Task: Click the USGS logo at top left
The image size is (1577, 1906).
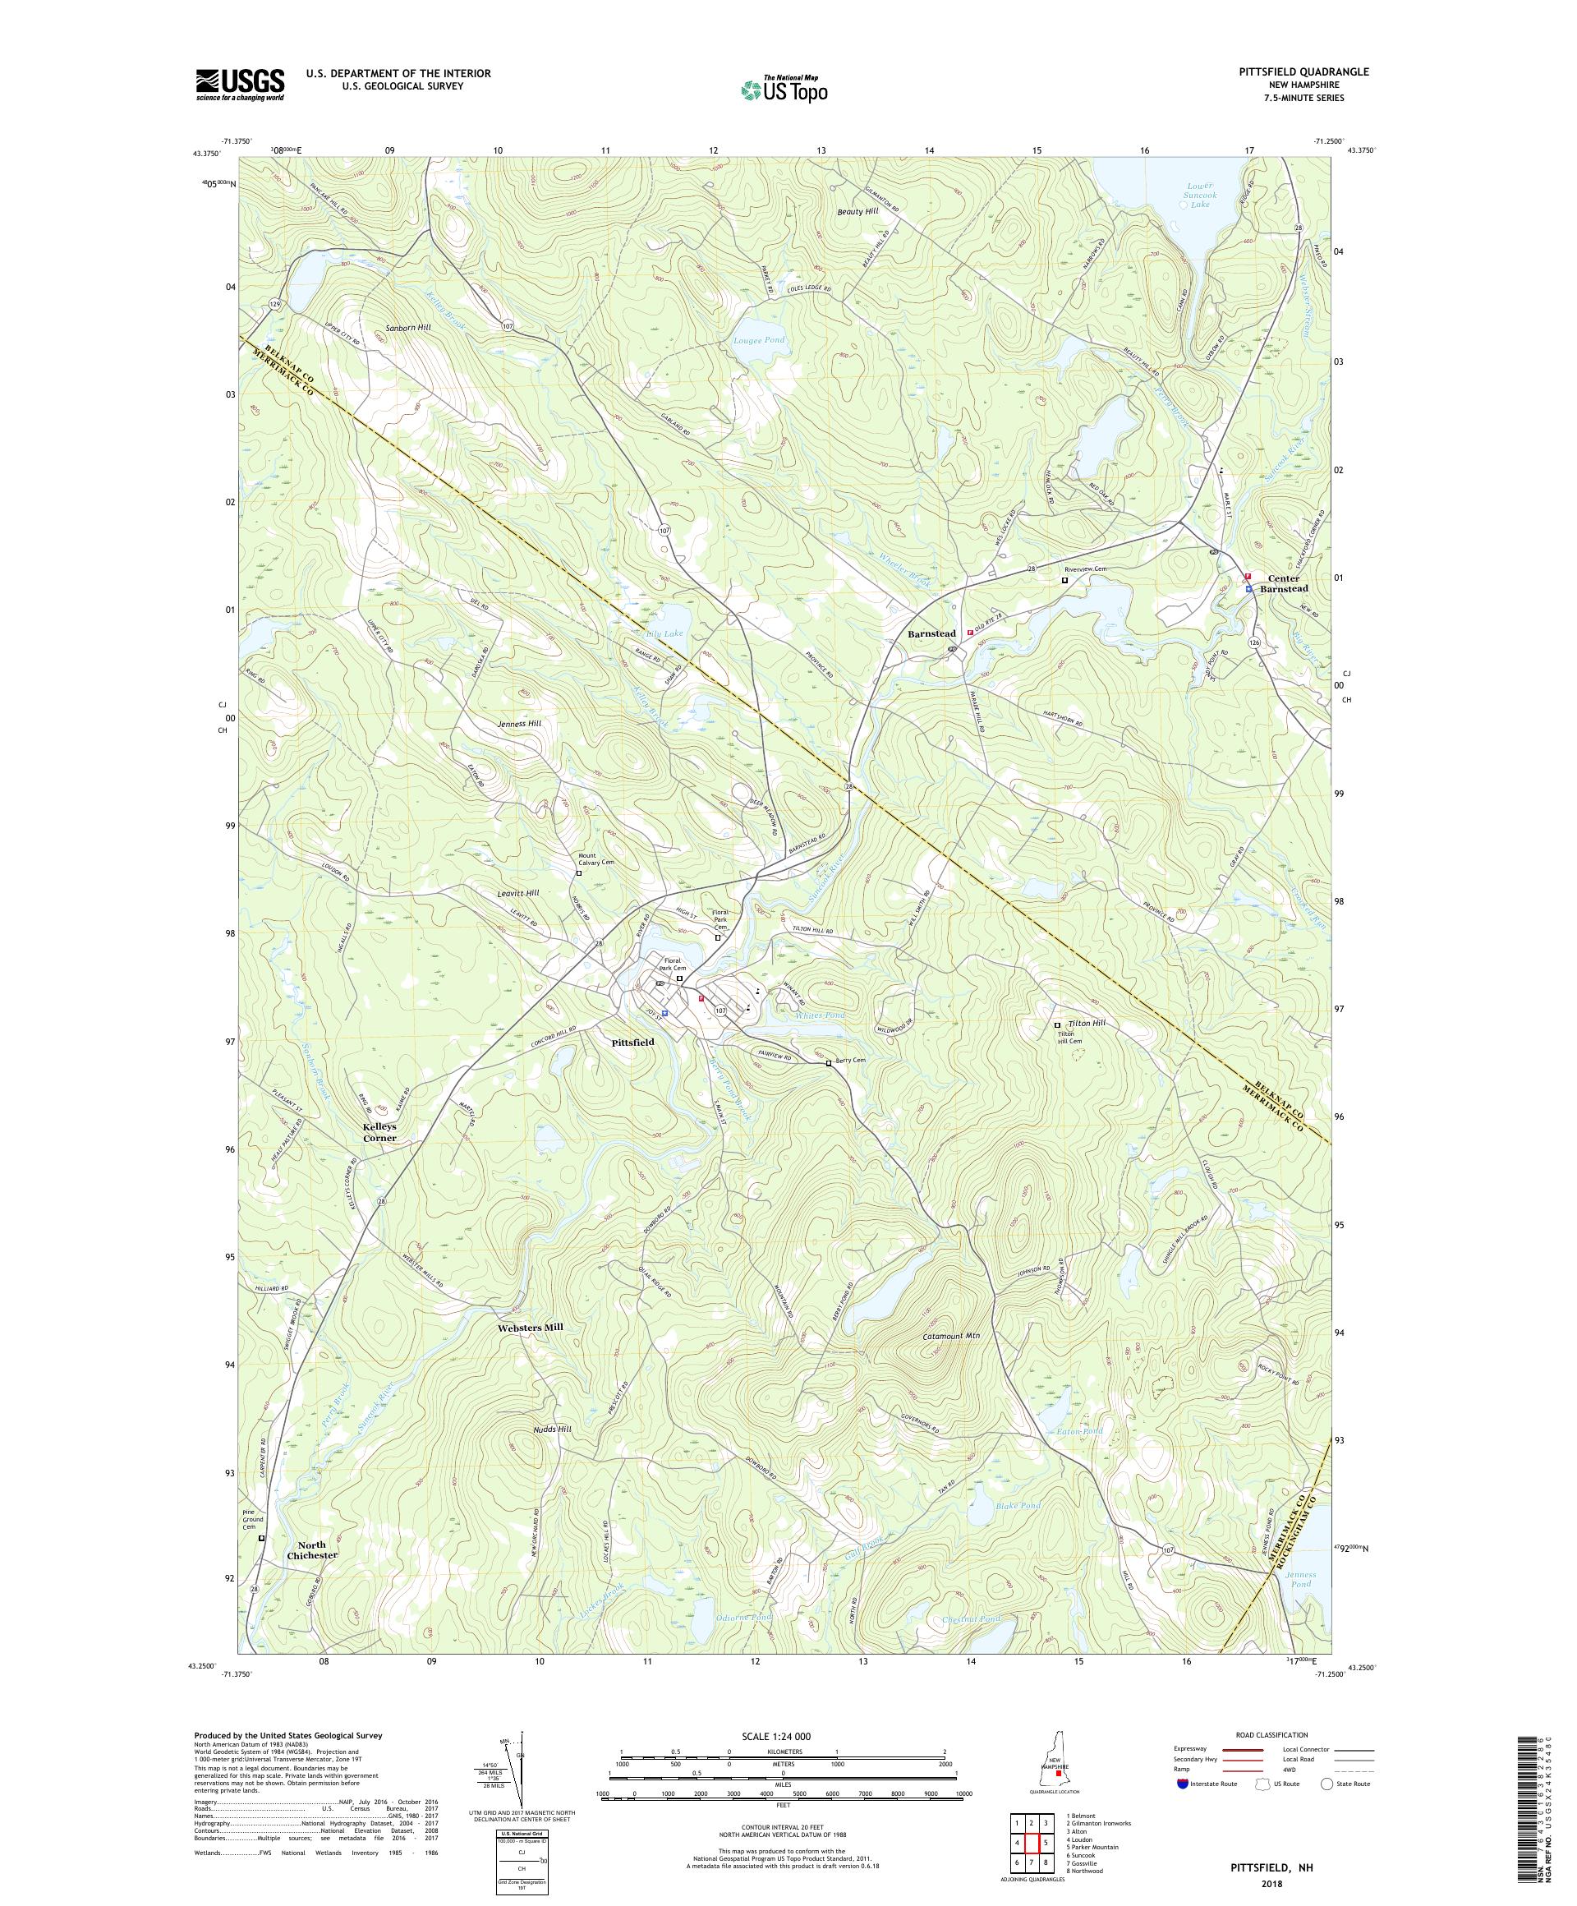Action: pos(240,85)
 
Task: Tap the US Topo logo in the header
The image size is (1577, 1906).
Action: pos(785,89)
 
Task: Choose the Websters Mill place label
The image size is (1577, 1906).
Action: pos(531,1327)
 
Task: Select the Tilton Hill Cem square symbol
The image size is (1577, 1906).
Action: pos(1056,1025)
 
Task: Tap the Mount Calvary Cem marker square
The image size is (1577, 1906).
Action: pos(579,873)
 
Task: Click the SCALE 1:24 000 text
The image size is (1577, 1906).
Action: pos(781,1735)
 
